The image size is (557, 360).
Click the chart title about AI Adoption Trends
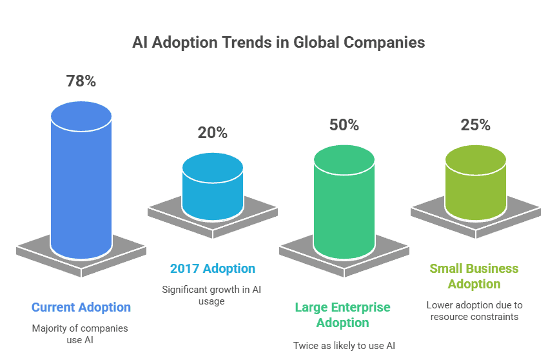tap(278, 43)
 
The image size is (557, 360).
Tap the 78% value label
tap(81, 81)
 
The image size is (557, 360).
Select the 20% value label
tap(213, 133)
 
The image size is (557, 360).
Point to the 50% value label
tap(344, 125)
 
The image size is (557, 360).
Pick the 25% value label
tap(476, 125)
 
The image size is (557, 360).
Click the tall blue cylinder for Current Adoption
tap(81, 187)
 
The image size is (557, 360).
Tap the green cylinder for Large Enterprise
tap(344, 206)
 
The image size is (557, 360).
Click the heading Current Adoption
tap(81, 307)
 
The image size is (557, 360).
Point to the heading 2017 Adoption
tap(213, 268)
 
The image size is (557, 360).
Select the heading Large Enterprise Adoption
tap(343, 315)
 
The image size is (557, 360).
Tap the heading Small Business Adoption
tap(474, 276)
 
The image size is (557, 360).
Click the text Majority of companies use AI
tap(80, 334)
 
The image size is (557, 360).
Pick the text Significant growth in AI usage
tap(211, 295)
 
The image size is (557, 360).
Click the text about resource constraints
tap(474, 310)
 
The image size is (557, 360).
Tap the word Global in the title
tap(316, 43)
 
